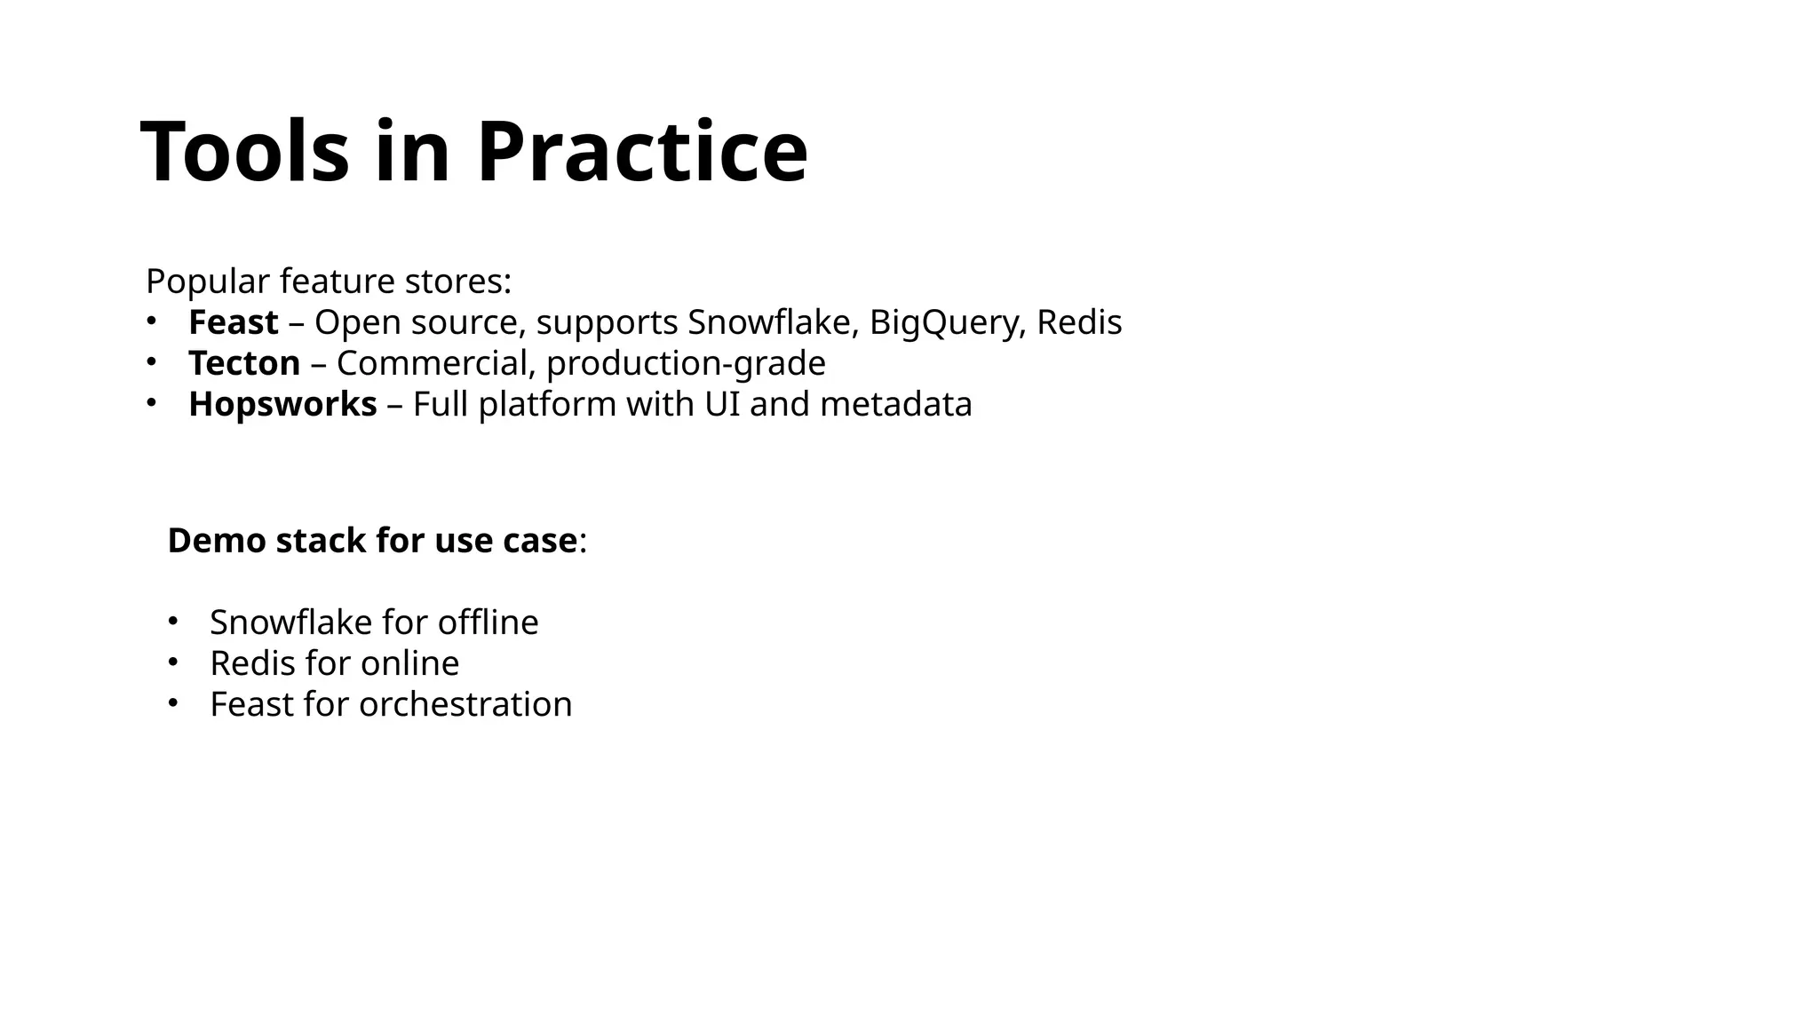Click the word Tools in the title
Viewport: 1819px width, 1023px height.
[x=244, y=152]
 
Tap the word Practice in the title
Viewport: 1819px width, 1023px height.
[x=642, y=152]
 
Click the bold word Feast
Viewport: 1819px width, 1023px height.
[x=233, y=322]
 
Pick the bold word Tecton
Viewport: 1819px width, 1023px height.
[x=244, y=363]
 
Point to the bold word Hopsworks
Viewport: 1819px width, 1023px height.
[x=282, y=405]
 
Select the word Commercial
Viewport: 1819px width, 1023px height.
[x=435, y=363]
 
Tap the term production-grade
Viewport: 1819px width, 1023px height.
[x=686, y=364]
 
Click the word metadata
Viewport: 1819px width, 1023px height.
[x=896, y=404]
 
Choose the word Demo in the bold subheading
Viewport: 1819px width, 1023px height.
[x=216, y=541]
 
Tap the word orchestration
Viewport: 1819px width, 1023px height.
[x=465, y=704]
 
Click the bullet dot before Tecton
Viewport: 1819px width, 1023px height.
[x=151, y=362]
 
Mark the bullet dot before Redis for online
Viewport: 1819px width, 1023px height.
[x=172, y=662]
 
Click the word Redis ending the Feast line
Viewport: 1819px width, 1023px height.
[x=1078, y=322]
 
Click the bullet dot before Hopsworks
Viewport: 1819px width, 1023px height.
[x=151, y=403]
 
